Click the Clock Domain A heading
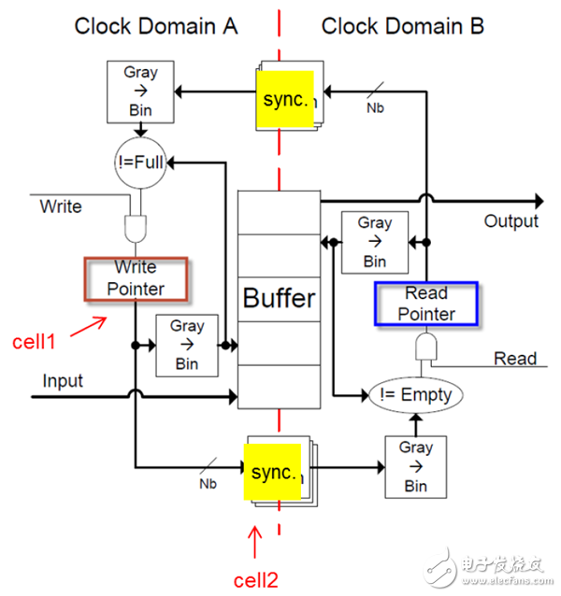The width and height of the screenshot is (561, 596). pos(156,26)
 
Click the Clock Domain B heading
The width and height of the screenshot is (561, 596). pos(402,26)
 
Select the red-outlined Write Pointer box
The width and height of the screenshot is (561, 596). pos(137,278)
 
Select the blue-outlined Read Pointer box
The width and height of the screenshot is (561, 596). pos(426,304)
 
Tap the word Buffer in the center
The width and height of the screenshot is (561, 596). pos(280,299)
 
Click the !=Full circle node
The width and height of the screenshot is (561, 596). pos(141,162)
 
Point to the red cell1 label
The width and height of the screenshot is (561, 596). pos(34,342)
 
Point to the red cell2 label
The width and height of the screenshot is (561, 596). pos(255,579)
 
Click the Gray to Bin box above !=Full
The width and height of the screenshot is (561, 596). pos(141,90)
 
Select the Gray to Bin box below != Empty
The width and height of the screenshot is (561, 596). pos(415,466)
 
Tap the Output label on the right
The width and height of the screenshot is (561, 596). pos(511,221)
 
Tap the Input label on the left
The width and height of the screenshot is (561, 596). pos(63,381)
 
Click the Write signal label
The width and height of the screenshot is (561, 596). pos(61,206)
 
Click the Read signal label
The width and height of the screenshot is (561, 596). pos(515,359)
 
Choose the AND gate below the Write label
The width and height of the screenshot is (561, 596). pos(137,227)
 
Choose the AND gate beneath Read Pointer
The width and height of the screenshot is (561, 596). pos(425,349)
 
